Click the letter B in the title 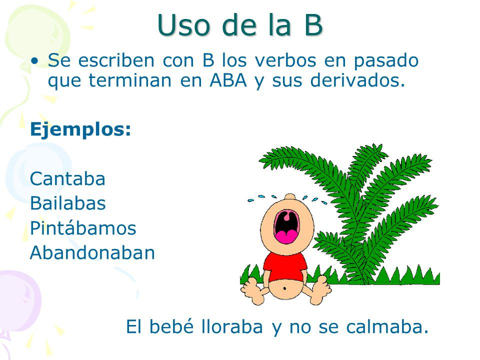313,24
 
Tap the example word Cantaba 67,179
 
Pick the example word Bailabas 68,203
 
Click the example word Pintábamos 83,228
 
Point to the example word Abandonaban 92,253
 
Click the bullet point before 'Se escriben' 35,60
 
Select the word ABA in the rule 228,80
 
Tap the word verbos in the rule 285,60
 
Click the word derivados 357,80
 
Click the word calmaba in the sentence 387,326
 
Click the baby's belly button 285,288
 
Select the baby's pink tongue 286,236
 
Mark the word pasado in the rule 386,61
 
